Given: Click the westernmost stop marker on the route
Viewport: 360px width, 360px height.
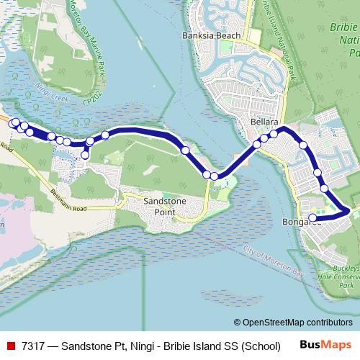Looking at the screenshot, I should tap(12, 123).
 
